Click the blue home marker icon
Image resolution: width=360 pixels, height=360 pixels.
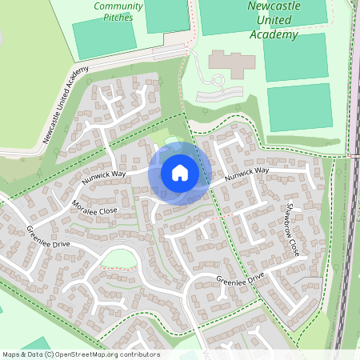pos(180,173)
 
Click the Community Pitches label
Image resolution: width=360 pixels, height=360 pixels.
pos(118,10)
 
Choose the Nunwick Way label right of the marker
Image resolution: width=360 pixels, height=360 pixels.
pos(246,173)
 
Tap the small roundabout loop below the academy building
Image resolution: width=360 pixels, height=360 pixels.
pos(217,80)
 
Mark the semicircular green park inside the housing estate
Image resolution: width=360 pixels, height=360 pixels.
pos(118,258)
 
